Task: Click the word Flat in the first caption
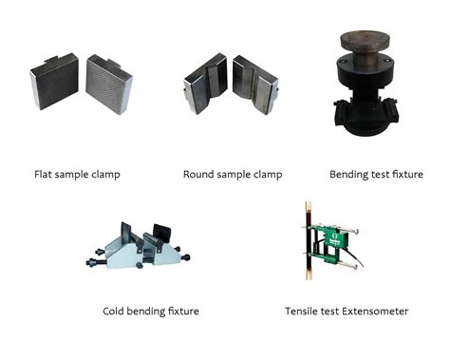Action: click(x=43, y=175)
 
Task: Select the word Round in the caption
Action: click(x=199, y=175)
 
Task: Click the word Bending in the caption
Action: click(x=349, y=175)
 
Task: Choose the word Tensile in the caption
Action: click(x=302, y=311)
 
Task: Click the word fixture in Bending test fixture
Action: click(x=410, y=175)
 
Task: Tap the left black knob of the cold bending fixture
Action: click(x=87, y=265)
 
